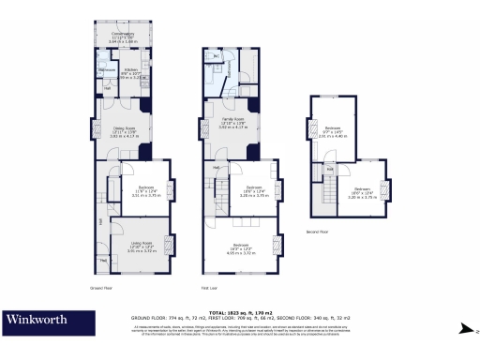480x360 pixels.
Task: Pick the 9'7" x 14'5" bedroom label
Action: coord(331,131)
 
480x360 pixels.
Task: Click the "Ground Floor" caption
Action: coord(101,287)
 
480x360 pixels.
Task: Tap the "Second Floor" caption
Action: coord(317,231)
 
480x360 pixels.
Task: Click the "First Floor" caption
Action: coord(210,287)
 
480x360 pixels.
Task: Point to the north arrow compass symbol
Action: coord(463,328)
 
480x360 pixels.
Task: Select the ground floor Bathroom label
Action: coord(106,69)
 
